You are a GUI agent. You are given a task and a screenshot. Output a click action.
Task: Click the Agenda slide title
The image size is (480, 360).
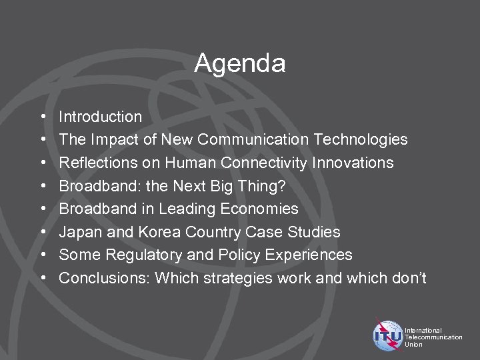point(240,64)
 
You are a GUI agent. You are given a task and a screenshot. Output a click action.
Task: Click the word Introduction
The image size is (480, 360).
point(100,117)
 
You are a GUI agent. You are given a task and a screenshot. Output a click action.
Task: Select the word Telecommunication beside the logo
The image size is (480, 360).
point(433,337)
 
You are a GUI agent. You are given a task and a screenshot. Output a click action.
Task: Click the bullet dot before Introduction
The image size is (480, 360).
point(43,117)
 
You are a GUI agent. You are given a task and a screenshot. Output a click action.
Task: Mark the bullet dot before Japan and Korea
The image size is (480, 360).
point(43,233)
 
